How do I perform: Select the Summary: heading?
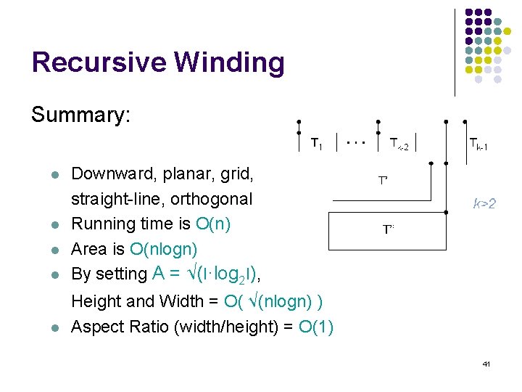[x=80, y=115]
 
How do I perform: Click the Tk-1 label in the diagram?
[x=478, y=144]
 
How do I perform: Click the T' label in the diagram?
[x=383, y=179]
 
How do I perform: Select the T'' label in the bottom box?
[x=389, y=229]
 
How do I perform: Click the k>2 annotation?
[x=484, y=204]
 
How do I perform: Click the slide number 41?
[x=486, y=363]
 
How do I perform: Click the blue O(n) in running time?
[x=213, y=224]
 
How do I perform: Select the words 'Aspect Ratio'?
[x=120, y=327]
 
